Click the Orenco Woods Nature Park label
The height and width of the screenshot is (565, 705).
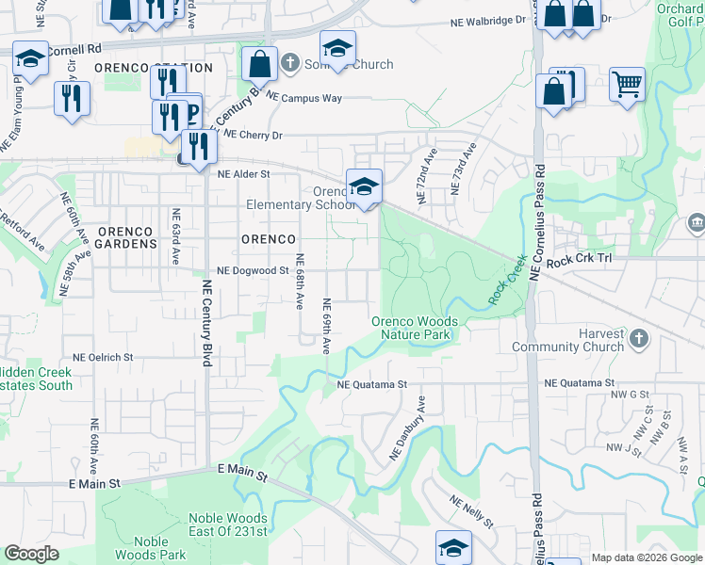tap(414, 328)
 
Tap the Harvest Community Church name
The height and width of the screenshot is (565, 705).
tap(567, 340)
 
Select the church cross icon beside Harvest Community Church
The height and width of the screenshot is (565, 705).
tap(638, 336)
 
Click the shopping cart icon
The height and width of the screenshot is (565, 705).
tap(627, 85)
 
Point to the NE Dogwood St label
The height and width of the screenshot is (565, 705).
tap(252, 270)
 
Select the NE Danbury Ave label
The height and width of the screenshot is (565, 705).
tap(409, 428)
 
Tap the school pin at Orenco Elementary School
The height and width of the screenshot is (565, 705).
tap(364, 186)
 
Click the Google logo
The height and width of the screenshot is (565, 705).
tap(31, 554)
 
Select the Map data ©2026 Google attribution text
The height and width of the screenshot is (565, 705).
tap(646, 557)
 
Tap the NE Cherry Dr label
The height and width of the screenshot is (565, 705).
tap(251, 136)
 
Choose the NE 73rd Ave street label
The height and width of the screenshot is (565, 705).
tap(462, 169)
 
